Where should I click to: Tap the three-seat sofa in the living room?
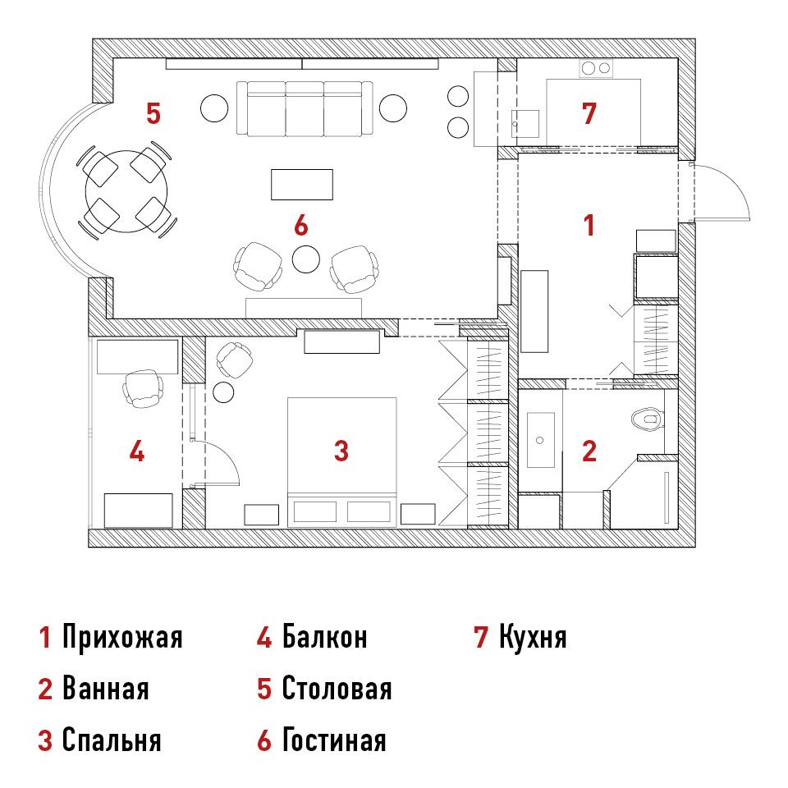(305, 108)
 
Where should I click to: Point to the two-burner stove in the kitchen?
(596, 68)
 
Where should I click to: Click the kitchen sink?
(525, 124)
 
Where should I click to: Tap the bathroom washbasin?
(540, 440)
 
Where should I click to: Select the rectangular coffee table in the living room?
(302, 185)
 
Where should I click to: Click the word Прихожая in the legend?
(122, 637)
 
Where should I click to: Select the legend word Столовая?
(337, 689)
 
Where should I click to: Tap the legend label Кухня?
(533, 637)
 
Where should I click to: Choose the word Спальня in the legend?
(112, 740)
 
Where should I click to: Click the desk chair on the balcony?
(143, 387)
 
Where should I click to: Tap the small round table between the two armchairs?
(306, 259)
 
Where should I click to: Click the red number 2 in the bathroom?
(589, 451)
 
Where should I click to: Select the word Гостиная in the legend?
(334, 740)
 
